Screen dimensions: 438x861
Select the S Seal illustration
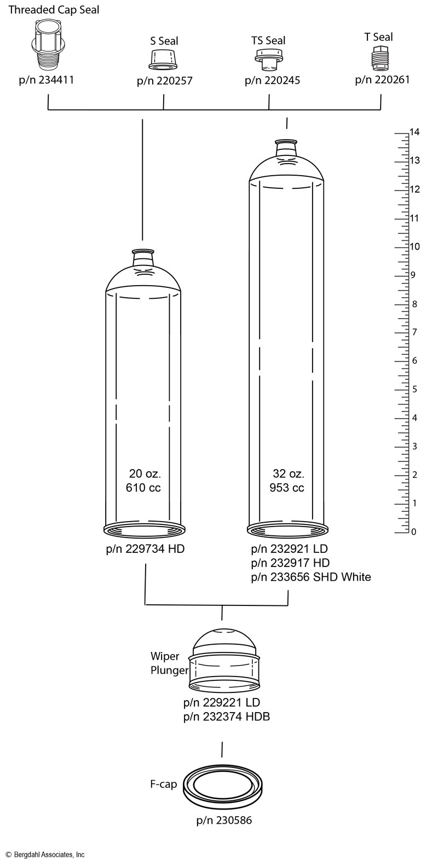coord(163,59)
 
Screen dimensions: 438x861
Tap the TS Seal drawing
coord(270,59)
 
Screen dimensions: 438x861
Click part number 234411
coord(47,80)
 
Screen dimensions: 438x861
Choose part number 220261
coord(382,79)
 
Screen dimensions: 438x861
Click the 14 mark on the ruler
coord(414,132)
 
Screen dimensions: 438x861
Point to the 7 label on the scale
coord(414,332)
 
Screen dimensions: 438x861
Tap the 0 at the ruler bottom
coord(414,532)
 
